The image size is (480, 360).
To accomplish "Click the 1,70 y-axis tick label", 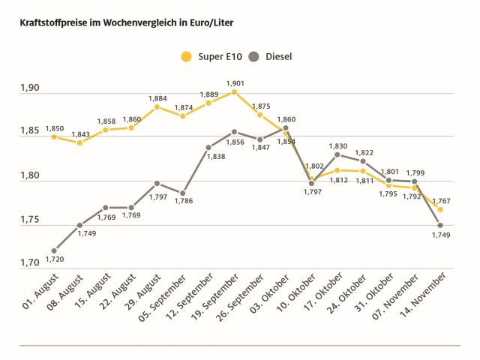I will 31,264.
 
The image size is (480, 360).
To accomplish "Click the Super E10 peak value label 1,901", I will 235,83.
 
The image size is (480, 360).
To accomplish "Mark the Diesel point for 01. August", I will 54,250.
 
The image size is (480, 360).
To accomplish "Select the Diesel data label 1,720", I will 54,260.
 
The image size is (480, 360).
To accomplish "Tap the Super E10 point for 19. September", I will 235,92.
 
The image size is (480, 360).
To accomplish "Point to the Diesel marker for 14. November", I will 440,225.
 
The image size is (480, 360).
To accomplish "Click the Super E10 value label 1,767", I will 441,201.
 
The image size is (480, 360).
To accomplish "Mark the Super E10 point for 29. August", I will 157,106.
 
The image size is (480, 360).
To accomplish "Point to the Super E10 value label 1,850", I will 54,129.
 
